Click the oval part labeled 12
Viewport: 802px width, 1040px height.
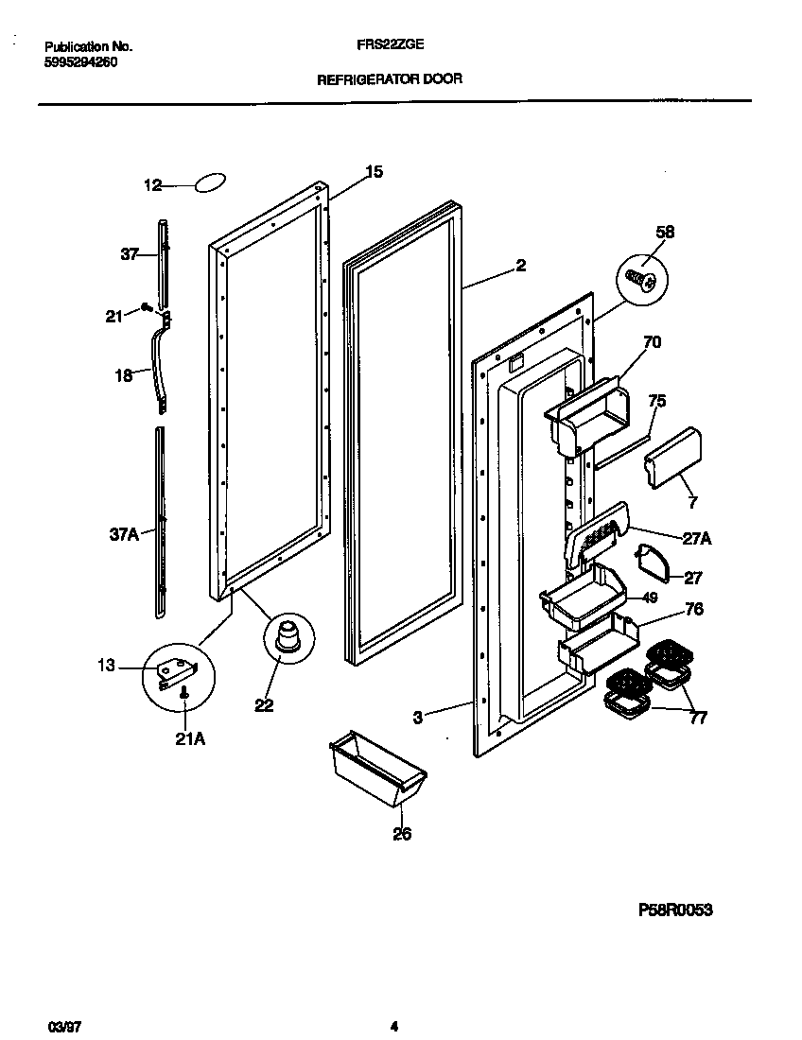[x=211, y=182]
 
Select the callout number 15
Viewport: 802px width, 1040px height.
[x=375, y=172]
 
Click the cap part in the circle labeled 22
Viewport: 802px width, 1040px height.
[x=288, y=636]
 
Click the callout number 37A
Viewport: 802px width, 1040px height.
[x=123, y=534]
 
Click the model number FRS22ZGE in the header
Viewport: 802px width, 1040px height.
[x=389, y=45]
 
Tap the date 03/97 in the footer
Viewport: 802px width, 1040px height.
[x=61, y=1027]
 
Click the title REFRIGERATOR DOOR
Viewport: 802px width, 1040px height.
[x=389, y=79]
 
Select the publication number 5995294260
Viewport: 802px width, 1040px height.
[x=81, y=62]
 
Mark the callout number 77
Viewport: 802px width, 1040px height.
[x=699, y=718]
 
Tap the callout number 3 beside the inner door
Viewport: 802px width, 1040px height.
[x=416, y=718]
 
